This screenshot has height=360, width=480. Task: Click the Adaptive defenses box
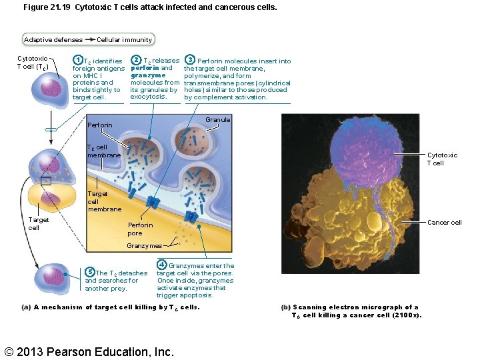(53, 40)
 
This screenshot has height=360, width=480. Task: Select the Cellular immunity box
(124, 40)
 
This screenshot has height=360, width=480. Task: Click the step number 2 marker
(136, 61)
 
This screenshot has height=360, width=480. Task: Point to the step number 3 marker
(189, 61)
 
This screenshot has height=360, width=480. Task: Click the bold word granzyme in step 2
(148, 75)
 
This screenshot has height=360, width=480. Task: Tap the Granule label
(218, 120)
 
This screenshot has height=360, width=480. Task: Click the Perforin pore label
(140, 229)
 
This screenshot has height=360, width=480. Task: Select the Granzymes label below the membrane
(144, 246)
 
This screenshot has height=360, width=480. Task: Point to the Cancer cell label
(445, 223)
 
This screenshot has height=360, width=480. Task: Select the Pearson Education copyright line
(89, 351)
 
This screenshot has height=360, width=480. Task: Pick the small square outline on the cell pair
(45, 181)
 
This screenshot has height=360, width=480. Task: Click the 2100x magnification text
(402, 315)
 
